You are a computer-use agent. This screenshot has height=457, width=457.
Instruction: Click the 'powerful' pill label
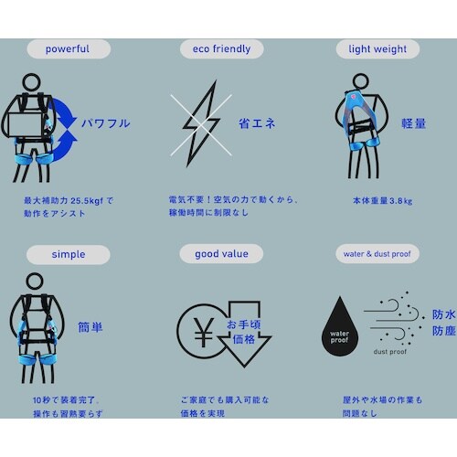[67, 48]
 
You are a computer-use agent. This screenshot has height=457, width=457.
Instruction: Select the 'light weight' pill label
[377, 48]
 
